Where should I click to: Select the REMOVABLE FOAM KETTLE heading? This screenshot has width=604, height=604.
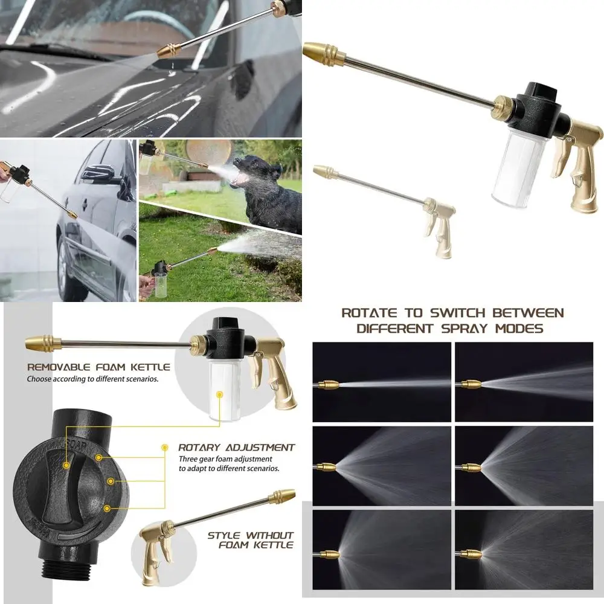pos(98,367)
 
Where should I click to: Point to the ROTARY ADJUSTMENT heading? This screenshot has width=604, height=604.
pos(236,448)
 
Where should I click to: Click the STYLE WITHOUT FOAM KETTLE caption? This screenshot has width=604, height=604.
pos(250,540)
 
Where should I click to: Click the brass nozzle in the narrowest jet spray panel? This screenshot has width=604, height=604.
pos(329,385)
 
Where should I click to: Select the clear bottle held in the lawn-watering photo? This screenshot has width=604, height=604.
pos(162,283)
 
